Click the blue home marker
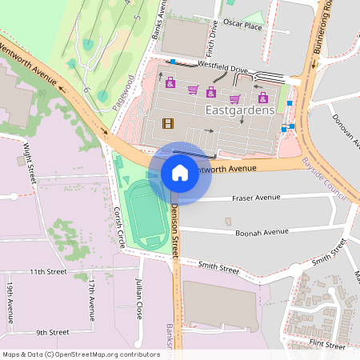[180, 172]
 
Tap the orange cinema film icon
[167, 122]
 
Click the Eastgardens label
[240, 110]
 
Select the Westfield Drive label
[222, 69]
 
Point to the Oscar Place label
[242, 26]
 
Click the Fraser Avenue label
[256, 197]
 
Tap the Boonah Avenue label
[262, 232]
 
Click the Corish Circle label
[118, 226]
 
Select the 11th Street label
[48, 272]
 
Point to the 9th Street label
[52, 331]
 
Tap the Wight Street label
[29, 162]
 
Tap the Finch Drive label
[213, 34]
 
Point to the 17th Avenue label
[92, 296]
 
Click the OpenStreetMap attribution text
[81, 354]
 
